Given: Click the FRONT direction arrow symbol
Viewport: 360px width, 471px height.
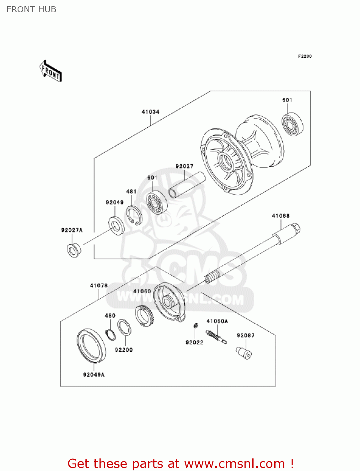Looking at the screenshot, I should [x=51, y=71].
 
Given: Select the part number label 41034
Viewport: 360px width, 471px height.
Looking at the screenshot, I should [x=150, y=112].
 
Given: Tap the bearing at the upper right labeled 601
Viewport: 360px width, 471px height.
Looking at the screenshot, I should [x=292, y=124].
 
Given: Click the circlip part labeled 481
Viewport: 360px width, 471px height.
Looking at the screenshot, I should [x=134, y=215].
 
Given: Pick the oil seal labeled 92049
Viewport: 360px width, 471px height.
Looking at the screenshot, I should [x=116, y=225].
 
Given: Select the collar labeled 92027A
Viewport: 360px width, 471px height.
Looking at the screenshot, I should [x=74, y=250].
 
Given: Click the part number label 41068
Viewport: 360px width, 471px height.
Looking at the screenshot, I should [x=281, y=216].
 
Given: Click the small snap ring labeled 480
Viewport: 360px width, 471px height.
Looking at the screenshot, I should [x=110, y=335].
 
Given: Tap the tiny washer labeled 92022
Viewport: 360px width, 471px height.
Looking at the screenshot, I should [x=195, y=326].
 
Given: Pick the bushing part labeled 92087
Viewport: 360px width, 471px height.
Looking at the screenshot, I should [x=244, y=352].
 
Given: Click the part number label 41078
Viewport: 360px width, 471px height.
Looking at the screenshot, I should [x=99, y=285].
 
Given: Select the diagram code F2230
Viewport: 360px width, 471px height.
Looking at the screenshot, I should [x=305, y=56].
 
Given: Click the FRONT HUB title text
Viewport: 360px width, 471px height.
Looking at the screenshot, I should [x=31, y=9].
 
